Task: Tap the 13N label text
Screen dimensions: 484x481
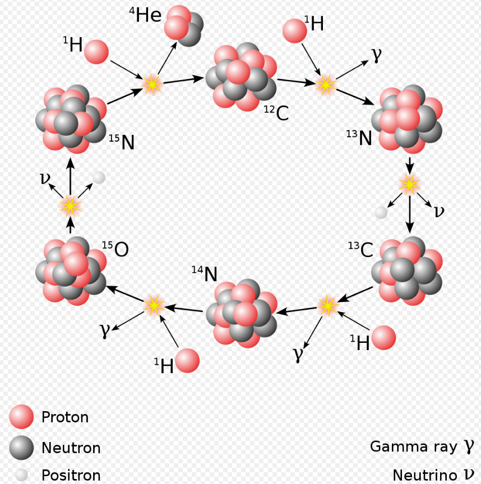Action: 359,137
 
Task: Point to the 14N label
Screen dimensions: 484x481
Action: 205,273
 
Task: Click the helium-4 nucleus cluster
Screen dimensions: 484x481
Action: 183,25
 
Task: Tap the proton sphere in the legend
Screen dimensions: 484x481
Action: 22,417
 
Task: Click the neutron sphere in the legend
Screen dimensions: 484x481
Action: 22,448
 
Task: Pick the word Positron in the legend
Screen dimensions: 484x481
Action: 71,476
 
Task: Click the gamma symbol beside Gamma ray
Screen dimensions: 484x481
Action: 469,446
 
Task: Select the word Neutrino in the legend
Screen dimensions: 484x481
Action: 424,476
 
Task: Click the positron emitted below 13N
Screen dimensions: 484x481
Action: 381,212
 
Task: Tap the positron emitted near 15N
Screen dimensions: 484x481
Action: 99,178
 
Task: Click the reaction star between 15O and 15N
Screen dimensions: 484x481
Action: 70,206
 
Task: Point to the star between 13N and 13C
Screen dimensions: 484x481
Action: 409,184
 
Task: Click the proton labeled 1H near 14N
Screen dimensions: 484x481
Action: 187,361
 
